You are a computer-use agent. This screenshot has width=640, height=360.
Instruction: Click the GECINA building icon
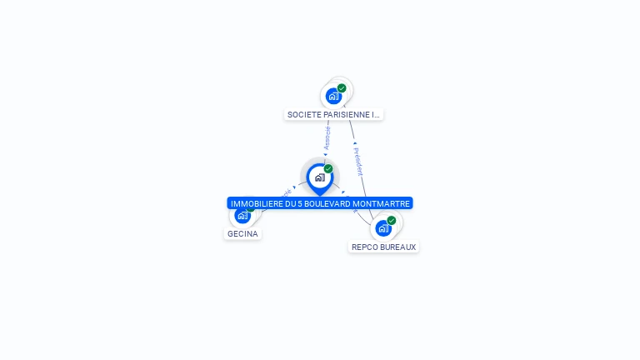click(242, 216)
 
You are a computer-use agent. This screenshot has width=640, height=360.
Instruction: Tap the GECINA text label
click(242, 234)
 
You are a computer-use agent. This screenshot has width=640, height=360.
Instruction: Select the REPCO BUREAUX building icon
click(383, 227)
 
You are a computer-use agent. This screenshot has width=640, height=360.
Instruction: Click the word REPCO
click(365, 247)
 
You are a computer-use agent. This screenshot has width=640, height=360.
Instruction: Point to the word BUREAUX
click(398, 247)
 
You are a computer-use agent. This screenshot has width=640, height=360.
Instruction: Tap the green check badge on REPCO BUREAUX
click(392, 221)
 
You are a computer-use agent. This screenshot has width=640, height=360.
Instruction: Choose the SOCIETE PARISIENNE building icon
click(333, 96)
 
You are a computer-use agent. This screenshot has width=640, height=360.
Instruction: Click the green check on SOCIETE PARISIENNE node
click(342, 88)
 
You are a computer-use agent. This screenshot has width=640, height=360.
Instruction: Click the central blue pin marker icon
click(319, 177)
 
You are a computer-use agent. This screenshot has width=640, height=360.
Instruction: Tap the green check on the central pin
click(328, 169)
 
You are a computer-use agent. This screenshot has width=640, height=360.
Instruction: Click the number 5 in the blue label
click(299, 203)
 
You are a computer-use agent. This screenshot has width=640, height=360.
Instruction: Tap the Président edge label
click(358, 160)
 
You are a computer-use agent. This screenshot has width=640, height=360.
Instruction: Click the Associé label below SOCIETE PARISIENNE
click(327, 138)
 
